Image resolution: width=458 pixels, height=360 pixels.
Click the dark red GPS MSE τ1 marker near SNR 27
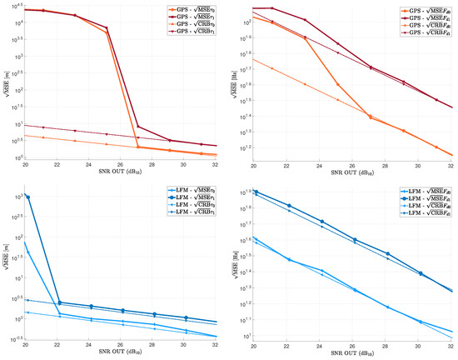pyautogui.click(x=138, y=127)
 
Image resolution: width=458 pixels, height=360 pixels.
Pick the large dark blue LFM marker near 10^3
pyautogui.click(x=28, y=197)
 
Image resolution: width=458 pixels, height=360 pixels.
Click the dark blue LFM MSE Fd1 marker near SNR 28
pyautogui.click(x=388, y=253)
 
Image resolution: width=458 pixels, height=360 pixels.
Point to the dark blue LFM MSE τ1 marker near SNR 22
pyautogui.click(x=59, y=302)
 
